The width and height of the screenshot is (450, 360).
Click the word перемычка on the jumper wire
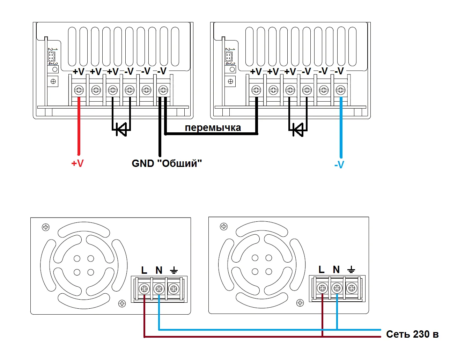(213, 127)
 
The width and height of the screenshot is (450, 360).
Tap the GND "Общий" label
(167, 163)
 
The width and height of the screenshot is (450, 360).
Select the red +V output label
(78, 163)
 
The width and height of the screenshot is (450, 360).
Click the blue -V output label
(339, 164)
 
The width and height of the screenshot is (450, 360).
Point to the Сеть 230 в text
(412, 334)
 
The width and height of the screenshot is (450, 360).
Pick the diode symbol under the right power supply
(298, 130)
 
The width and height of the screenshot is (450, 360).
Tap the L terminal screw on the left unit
(144, 289)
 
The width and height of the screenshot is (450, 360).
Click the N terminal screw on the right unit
(337, 288)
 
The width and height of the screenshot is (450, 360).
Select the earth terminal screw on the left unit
(174, 289)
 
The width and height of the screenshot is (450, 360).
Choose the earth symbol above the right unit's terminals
(351, 270)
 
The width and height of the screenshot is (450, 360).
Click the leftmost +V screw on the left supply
(79, 90)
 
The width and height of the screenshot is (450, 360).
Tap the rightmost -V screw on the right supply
(340, 90)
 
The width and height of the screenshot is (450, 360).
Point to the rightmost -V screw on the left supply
(163, 90)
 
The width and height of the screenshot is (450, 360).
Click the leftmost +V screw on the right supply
(256, 90)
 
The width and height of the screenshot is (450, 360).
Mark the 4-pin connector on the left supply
(51, 56)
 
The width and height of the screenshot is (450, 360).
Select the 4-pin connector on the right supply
(229, 56)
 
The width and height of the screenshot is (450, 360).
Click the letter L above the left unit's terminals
(144, 270)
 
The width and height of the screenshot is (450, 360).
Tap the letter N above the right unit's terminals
(336, 270)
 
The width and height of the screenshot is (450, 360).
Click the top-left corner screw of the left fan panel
(46, 227)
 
